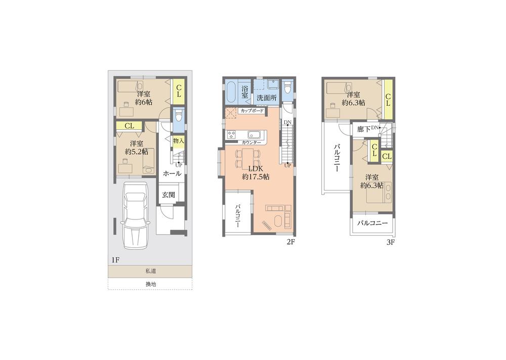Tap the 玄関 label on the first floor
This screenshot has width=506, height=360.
point(168,195)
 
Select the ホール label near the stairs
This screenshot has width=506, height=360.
point(172,173)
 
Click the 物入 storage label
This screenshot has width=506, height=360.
point(178,140)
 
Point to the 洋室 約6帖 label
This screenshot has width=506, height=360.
point(143,98)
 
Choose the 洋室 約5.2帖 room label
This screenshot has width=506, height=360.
point(136,147)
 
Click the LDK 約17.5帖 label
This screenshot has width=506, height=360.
point(256,172)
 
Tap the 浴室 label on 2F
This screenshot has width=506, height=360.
point(244,92)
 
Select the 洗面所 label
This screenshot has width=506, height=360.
point(266,97)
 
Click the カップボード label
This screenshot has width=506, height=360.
point(252,110)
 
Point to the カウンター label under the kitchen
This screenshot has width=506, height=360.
point(251,143)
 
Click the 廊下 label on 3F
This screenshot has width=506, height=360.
point(364,129)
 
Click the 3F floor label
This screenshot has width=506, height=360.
point(390,242)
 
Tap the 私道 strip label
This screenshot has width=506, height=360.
point(150,272)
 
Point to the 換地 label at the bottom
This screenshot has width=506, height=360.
point(150,284)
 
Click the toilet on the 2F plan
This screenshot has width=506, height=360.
point(288,88)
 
